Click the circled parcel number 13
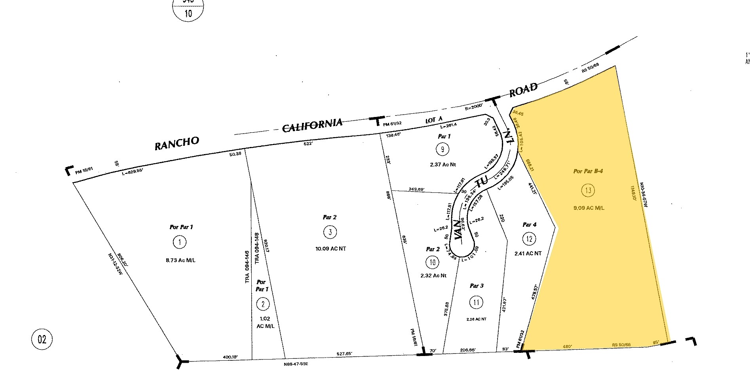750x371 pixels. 588,190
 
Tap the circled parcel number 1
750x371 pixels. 180,242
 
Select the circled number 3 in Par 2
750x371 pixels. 330,232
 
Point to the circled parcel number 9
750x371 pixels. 442,149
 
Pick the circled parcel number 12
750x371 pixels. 530,239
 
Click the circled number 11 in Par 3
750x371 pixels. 476,303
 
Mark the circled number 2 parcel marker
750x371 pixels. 263,304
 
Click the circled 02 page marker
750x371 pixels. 42,339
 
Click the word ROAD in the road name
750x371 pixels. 523,90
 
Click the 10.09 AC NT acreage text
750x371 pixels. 330,249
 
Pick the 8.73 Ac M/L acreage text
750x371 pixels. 180,260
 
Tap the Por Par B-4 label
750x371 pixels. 588,171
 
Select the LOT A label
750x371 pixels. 434,120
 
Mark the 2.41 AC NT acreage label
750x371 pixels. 528,253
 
